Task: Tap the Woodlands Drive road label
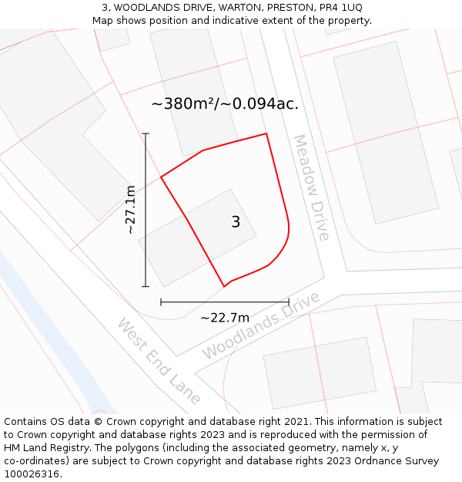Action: pyautogui.click(x=260, y=325)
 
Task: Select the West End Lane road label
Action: pyautogui.click(x=159, y=360)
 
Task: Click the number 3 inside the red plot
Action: pyautogui.click(x=236, y=222)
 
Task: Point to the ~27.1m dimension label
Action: pyautogui.click(x=130, y=209)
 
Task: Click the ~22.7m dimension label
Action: pyautogui.click(x=225, y=318)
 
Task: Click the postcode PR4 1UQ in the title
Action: pyautogui.click(x=336, y=7)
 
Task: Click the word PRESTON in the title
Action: pyautogui.click(x=286, y=7)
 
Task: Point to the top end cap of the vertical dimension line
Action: pyautogui.click(x=146, y=133)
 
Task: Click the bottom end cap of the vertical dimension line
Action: pyautogui.click(x=146, y=286)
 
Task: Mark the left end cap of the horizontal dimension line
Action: pyautogui.click(x=161, y=302)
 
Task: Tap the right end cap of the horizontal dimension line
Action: pyautogui.click(x=289, y=302)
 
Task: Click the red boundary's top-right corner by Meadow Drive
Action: pyautogui.click(x=266, y=134)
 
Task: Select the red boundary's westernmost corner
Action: pyautogui.click(x=161, y=178)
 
